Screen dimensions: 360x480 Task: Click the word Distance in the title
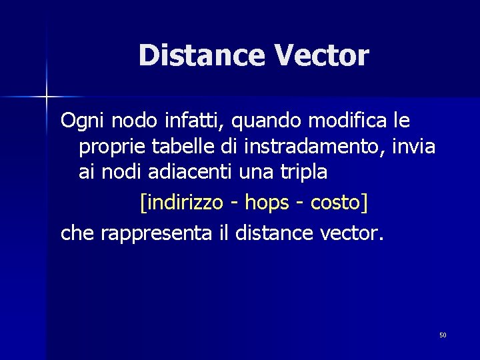pos(201,55)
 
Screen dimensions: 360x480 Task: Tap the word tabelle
pos(171,147)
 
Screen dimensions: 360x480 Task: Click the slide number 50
pos(443,335)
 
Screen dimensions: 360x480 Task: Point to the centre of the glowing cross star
pos(46,97)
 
